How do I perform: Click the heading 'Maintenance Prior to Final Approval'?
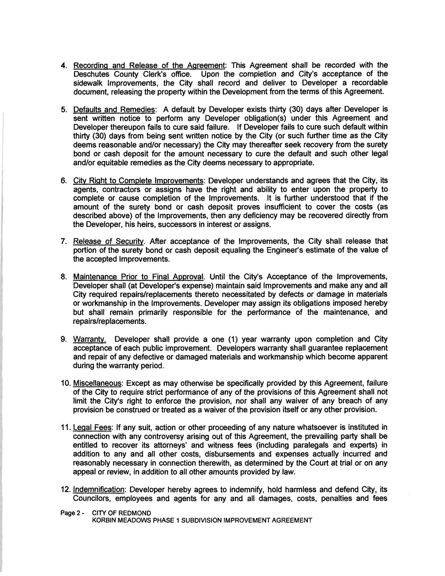tap(138, 277)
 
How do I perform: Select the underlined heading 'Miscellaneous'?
tap(97, 383)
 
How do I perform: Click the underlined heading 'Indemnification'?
tap(99, 489)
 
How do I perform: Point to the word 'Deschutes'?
tap(90, 74)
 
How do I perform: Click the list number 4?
tap(64, 66)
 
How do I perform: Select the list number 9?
tap(64, 339)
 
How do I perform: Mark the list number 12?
tap(65, 489)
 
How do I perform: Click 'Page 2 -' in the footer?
tap(73, 513)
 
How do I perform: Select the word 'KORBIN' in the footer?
tap(103, 520)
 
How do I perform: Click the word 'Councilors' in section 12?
tap(92, 499)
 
